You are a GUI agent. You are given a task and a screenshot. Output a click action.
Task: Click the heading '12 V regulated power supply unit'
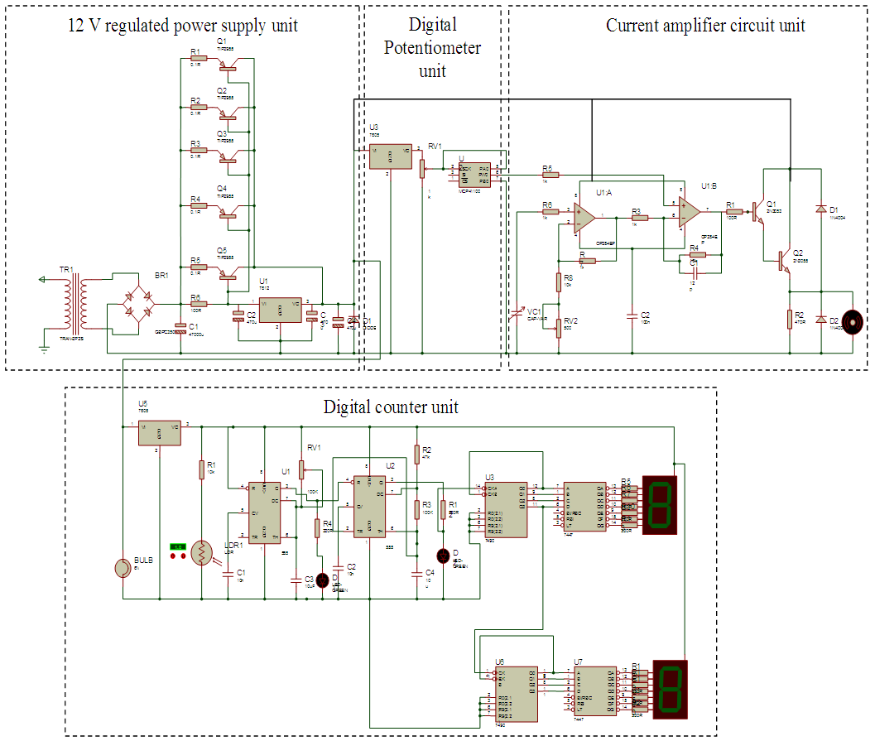[x=182, y=26]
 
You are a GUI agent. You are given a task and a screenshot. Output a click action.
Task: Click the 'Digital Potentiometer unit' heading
[x=432, y=47]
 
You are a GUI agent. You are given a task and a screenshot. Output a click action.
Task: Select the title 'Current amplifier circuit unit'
[x=705, y=25]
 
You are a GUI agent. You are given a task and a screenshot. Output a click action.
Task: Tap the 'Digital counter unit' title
[x=391, y=407]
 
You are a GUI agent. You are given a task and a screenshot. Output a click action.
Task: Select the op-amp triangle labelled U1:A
[x=584, y=217]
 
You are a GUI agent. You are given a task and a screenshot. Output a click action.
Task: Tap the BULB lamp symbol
[x=124, y=569]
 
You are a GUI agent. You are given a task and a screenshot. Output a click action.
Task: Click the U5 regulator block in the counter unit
[x=160, y=431]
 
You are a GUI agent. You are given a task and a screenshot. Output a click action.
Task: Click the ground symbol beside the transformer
[x=44, y=348]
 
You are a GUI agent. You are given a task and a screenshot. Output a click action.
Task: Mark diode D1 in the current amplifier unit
[x=820, y=209]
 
